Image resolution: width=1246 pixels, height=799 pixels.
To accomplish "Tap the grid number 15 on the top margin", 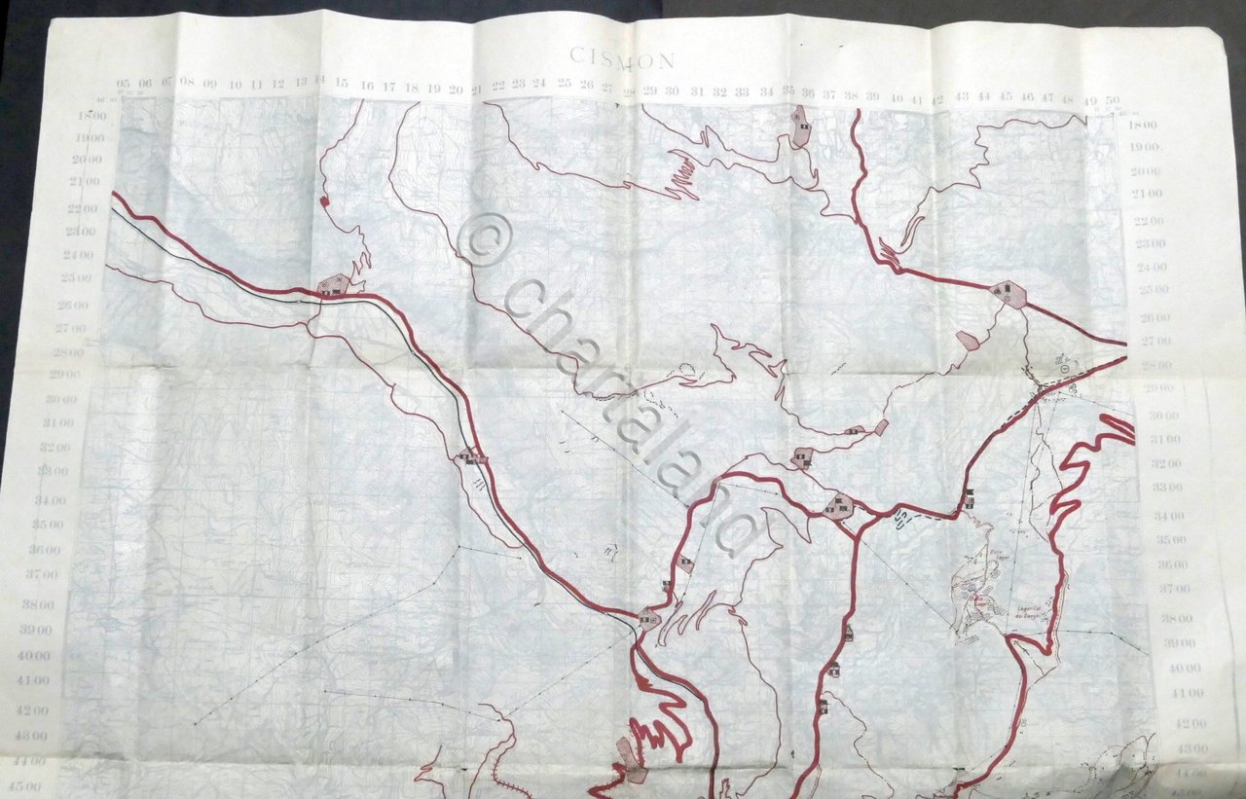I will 342,86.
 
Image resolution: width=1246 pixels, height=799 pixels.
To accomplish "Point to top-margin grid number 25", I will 565,85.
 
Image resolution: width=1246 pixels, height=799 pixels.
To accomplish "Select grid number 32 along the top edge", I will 720,91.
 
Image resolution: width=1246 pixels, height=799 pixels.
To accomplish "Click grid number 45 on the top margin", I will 1007,97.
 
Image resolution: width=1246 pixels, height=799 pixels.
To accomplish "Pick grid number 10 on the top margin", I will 236,85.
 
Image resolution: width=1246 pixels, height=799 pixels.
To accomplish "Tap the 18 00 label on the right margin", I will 1144,125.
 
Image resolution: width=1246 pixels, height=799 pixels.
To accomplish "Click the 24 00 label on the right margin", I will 1151,267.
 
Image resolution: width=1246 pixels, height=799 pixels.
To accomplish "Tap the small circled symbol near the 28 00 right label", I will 1066,369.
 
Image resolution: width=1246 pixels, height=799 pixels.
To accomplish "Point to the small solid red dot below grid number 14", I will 322,200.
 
